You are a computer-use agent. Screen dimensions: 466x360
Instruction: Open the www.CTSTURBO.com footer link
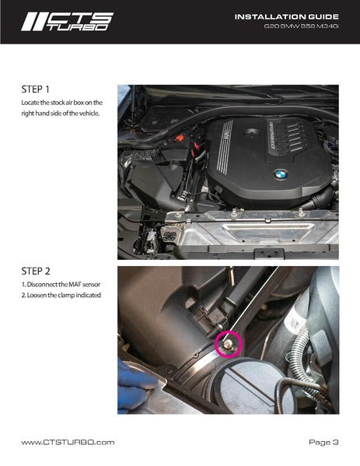point(68,442)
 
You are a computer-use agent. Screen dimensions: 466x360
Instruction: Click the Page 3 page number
point(323,442)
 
